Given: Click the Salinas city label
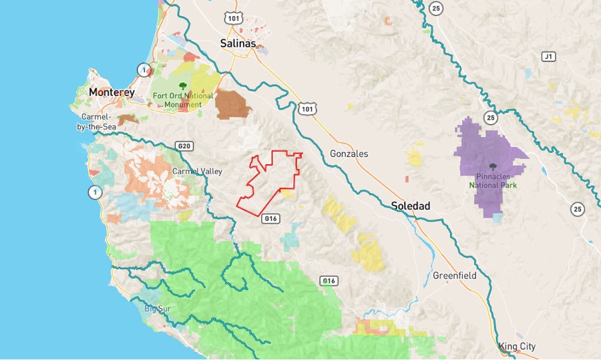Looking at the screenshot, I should click(x=238, y=43).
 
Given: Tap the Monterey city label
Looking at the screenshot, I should click(x=112, y=92).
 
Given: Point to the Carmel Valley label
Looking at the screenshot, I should click(x=197, y=172).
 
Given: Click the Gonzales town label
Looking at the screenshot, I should click(x=349, y=154).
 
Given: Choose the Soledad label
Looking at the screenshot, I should click(x=411, y=206).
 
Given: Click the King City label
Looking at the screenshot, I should click(x=517, y=347).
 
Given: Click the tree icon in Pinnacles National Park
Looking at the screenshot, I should click(x=493, y=168).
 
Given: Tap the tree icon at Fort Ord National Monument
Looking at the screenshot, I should click(x=182, y=85).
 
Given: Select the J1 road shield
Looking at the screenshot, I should click(x=549, y=57).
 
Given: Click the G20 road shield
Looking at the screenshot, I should click(x=184, y=146).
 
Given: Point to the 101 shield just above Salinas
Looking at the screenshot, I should click(x=234, y=19).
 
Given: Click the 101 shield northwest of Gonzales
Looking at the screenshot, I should click(x=307, y=108).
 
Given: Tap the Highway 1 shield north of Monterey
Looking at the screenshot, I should click(x=143, y=69).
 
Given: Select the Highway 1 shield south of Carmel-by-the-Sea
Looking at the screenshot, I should click(x=95, y=192).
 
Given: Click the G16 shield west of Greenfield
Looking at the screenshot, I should click(x=328, y=281).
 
